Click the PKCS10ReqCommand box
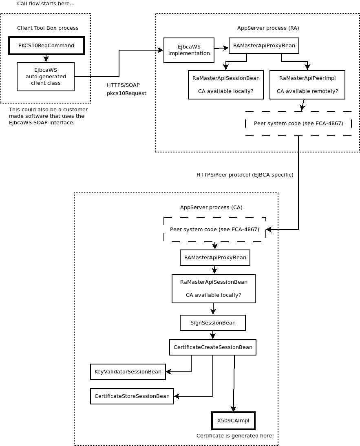click(x=46, y=46)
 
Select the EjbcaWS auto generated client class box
click(x=46, y=77)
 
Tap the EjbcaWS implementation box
click(x=189, y=50)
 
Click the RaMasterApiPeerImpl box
click(x=307, y=85)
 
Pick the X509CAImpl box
click(x=233, y=421)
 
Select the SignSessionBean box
click(x=213, y=323)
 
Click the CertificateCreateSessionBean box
click(x=213, y=347)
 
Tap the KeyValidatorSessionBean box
click(x=128, y=372)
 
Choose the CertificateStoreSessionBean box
click(x=132, y=396)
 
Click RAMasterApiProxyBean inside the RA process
click(x=264, y=46)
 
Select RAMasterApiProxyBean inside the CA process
click(x=215, y=258)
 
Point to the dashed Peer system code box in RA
click(x=298, y=124)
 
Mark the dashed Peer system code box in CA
click(x=214, y=230)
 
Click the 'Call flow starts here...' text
click(x=46, y=4)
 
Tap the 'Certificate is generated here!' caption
click(x=235, y=436)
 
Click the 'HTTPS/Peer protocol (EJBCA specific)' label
click(x=245, y=175)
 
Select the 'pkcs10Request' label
click(x=126, y=93)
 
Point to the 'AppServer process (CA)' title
click(x=211, y=208)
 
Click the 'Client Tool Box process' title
click(x=48, y=28)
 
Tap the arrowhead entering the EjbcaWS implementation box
click(x=161, y=50)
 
